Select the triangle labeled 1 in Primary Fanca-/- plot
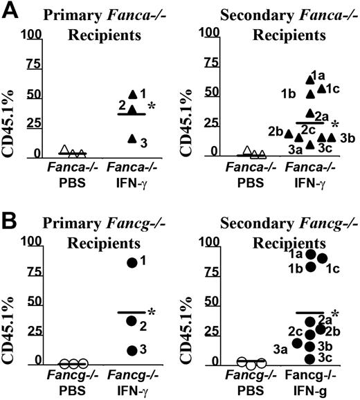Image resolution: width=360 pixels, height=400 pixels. pyautogui.click(x=132, y=93)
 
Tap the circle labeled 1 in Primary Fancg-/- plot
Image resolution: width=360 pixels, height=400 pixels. pyautogui.click(x=131, y=262)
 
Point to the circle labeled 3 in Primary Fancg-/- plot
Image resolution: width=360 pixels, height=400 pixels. pyautogui.click(x=131, y=350)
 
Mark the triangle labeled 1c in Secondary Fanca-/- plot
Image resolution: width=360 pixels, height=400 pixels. pyautogui.click(x=321, y=88)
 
